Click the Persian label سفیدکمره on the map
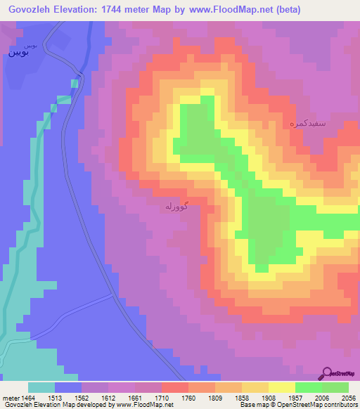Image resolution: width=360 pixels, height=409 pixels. [x=307, y=123]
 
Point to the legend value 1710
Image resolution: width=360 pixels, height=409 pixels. [x=161, y=398]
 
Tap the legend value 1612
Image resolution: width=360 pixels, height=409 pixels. [x=108, y=398]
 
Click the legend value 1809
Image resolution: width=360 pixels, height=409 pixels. [x=214, y=398]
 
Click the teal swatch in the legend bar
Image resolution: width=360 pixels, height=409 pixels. [x=41, y=387]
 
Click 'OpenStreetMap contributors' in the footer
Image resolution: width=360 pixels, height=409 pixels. [x=331, y=405]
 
